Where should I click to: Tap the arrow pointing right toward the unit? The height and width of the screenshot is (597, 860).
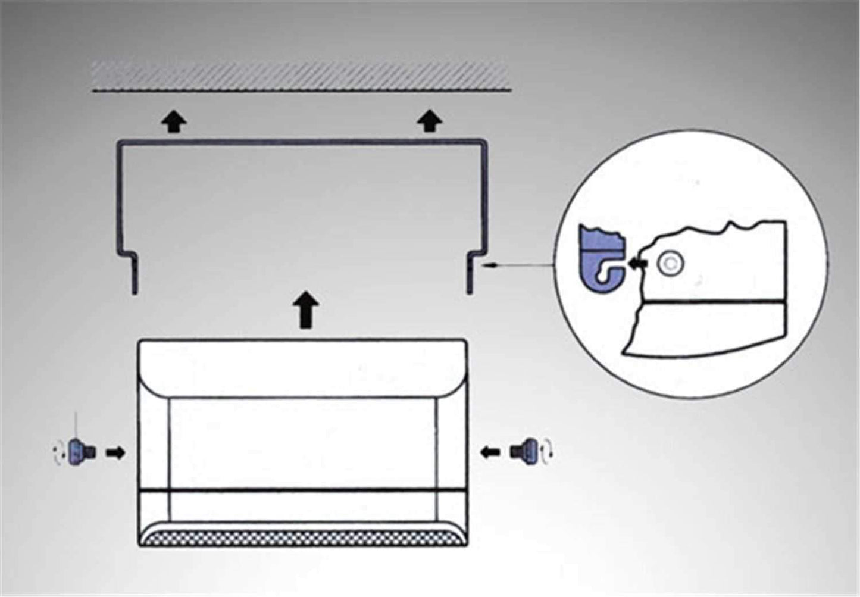(115, 452)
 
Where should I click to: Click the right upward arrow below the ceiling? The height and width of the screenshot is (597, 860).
(429, 121)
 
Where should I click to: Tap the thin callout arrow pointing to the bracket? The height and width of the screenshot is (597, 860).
(518, 268)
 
